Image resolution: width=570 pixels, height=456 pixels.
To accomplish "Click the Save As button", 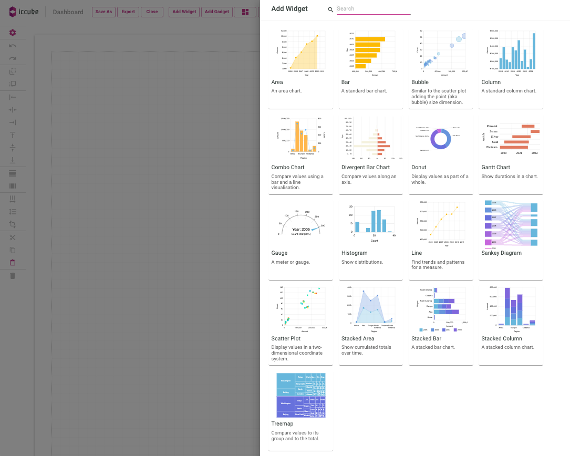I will pos(103,12).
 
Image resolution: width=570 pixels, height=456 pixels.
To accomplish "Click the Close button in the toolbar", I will pos(152,12).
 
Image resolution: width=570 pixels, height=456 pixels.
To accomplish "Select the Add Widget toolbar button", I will pos(184,12).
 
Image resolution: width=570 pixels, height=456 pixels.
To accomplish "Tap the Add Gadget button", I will pos(217,12).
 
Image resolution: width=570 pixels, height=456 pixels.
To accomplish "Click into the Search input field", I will pos(373,9).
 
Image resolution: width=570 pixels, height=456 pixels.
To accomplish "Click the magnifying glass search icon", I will pos(330,9).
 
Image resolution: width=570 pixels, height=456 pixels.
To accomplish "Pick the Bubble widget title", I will pos(420,82).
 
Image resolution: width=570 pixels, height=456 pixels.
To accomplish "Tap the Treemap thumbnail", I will pos(300,395).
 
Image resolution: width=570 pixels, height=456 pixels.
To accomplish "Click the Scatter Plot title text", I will pos(286,339).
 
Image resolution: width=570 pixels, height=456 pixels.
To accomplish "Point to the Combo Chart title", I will pos(288,168).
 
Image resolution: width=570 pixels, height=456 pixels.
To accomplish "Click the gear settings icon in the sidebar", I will pos(13,33).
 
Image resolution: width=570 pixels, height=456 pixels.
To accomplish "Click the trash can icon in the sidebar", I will pos(13,276).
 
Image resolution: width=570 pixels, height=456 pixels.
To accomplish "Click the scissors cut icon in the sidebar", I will pos(13,237).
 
